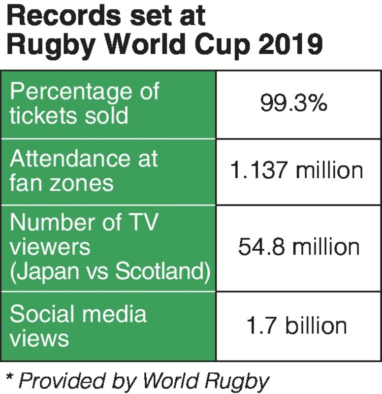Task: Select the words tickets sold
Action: tap(69, 115)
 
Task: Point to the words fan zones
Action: tap(62, 183)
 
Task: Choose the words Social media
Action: tap(78, 314)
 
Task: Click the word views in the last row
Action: tap(39, 338)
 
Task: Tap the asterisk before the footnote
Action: tap(9, 378)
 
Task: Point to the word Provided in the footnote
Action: tap(55, 380)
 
